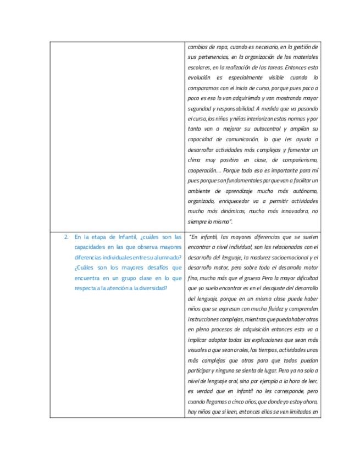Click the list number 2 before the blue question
(66, 237)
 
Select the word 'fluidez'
(267, 309)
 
